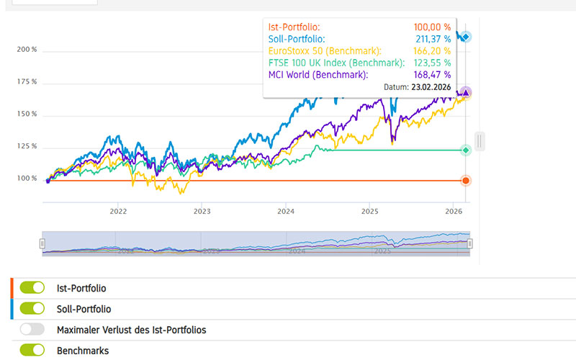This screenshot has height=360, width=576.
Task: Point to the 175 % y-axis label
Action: [27, 82]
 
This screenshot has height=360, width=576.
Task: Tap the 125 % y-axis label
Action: [27, 147]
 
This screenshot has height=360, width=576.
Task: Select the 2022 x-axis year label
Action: [118, 212]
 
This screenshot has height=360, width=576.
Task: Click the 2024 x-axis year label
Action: [286, 212]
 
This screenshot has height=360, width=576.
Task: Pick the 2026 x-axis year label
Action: [454, 212]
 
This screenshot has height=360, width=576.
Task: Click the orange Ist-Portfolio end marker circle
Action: [466, 180]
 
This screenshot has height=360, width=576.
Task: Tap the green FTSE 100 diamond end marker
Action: [466, 150]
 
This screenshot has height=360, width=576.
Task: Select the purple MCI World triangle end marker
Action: [466, 93]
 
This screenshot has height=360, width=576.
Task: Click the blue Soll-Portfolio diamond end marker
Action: [466, 36]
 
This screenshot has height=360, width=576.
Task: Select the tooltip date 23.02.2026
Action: [431, 86]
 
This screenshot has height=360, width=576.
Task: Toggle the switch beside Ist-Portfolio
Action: [32, 288]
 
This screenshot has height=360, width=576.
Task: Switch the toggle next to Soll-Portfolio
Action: [32, 309]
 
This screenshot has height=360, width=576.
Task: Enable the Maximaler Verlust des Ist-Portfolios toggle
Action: [32, 330]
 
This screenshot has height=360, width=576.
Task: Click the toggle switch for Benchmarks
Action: [32, 351]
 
